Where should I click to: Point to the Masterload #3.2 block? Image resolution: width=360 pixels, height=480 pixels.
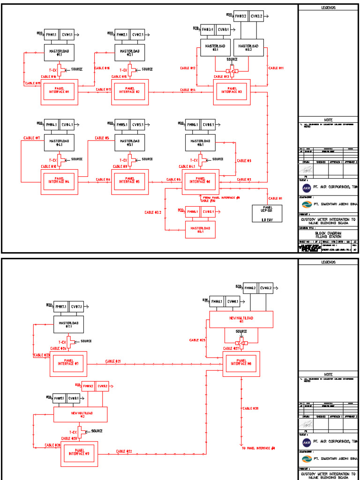coord(248,47)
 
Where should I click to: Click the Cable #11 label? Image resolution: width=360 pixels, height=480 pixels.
coord(276,68)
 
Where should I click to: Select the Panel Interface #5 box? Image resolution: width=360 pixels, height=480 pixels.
coord(130,181)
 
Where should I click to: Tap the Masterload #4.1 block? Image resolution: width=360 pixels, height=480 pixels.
coord(60,143)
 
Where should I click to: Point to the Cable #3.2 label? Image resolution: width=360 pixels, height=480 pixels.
coord(153,212)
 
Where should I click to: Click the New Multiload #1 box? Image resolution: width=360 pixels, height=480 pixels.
coord(241,320)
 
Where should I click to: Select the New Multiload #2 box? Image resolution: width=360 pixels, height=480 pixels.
coord(80,414)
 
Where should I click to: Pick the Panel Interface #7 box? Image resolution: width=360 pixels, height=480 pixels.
coord(68,363)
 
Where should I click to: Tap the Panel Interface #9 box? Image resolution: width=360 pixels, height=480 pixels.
coord(79,453)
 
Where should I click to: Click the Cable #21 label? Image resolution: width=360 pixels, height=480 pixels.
coord(113,361)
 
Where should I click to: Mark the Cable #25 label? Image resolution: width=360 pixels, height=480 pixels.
coord(197,340)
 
